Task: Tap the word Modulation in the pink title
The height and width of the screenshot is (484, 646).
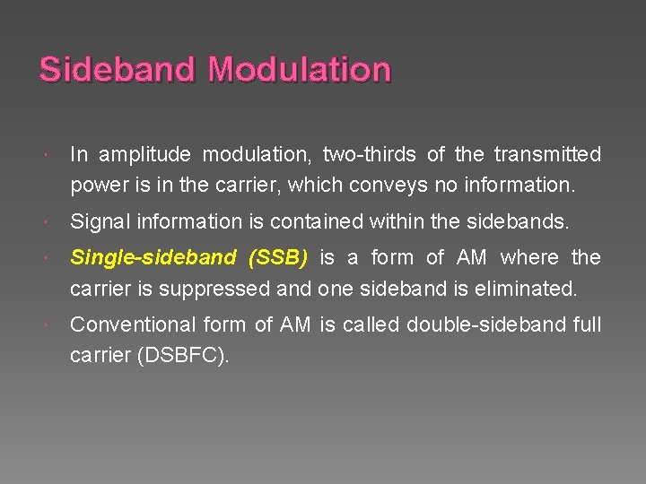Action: (300, 70)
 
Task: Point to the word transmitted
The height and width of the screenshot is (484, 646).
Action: (546, 155)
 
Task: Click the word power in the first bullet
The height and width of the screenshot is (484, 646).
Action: (97, 187)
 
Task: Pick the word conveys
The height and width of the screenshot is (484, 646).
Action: (391, 187)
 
